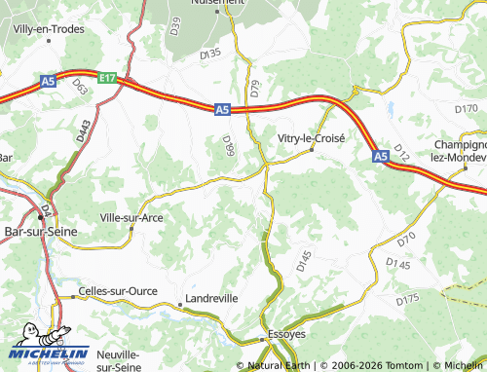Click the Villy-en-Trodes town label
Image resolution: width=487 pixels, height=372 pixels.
tap(47, 29)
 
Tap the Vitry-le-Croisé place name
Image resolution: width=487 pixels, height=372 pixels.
tap(312, 138)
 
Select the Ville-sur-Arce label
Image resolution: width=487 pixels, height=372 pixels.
tap(131, 217)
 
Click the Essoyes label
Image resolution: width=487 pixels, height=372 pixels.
tap(286, 334)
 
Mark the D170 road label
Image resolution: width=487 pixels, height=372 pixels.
tap(467, 107)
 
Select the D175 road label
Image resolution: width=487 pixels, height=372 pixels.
tap(407, 301)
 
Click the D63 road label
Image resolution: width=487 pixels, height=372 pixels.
tap(79, 89)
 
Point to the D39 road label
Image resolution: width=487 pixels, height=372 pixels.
tap(175, 25)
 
